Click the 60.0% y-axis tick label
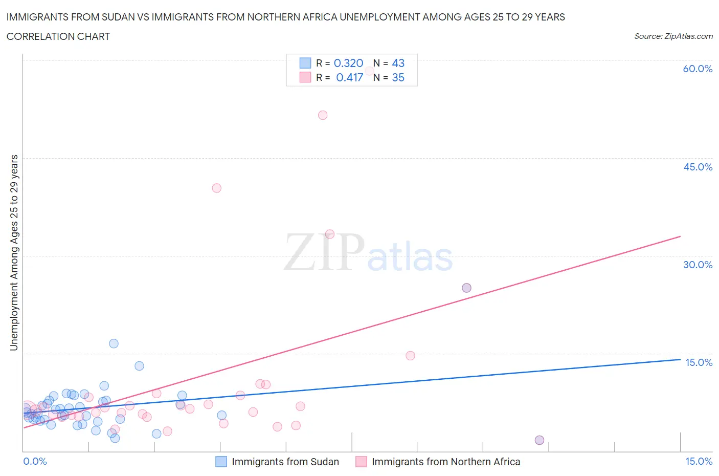[x=698, y=69]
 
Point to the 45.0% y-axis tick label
[x=698, y=167]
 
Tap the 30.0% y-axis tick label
[x=698, y=265]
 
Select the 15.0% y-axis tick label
[x=699, y=362]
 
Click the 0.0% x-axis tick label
[x=35, y=461]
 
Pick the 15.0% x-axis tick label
[x=699, y=461]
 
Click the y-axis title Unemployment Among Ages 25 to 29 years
[x=14, y=253]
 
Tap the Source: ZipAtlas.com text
[x=673, y=36]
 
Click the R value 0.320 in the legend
[x=348, y=63]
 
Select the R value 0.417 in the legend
[x=349, y=77]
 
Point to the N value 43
[x=398, y=63]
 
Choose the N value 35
[x=398, y=77]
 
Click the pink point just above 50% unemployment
[x=323, y=115]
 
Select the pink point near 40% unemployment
[x=216, y=188]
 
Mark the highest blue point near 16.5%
[x=114, y=343]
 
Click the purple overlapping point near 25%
[x=466, y=288]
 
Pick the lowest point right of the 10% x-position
[x=539, y=440]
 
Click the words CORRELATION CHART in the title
[x=58, y=36]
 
